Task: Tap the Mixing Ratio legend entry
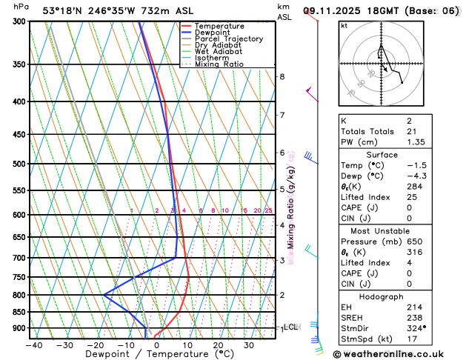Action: click(x=219, y=64)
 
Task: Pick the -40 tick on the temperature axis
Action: click(x=33, y=344)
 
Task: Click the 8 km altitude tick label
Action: click(x=282, y=77)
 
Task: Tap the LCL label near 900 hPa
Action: click(x=290, y=327)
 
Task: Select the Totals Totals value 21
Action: click(x=411, y=131)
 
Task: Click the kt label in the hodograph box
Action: click(x=344, y=26)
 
